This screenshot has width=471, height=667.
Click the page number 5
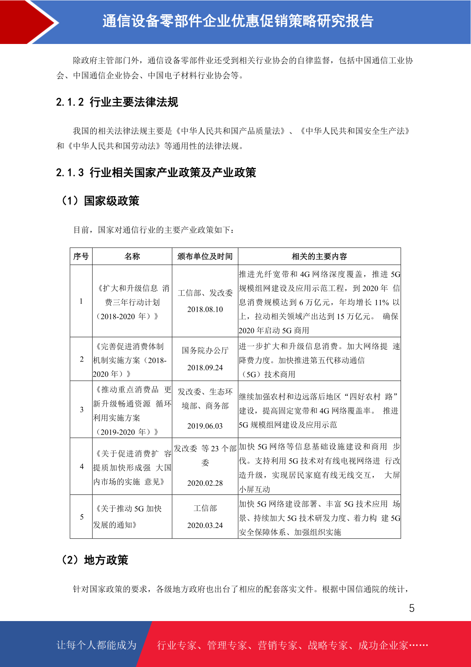412,608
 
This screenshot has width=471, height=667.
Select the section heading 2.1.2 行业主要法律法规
117,102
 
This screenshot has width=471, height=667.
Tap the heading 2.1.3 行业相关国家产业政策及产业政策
156,173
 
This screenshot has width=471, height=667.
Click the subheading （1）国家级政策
100,201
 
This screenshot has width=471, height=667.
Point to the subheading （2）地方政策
95,560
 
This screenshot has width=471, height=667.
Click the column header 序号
81,256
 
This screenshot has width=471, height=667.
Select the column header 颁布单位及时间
205,256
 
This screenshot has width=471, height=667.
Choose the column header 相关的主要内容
319,256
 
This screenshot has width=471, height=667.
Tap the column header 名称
132,256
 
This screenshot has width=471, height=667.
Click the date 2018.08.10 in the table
205,309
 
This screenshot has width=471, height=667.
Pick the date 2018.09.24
205,368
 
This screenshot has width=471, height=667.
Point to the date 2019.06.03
205,426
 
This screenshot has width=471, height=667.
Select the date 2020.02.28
205,483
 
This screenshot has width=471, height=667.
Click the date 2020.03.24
205,525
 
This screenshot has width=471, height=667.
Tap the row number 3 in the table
81,410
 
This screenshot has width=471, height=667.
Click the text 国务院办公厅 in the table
205,351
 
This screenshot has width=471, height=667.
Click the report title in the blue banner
238,21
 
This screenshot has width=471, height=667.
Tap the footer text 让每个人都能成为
96,645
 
